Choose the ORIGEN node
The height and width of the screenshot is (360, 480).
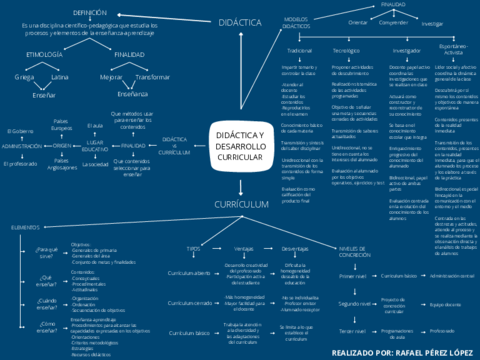click(62, 146)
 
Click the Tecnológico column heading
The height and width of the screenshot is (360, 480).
click(346, 49)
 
